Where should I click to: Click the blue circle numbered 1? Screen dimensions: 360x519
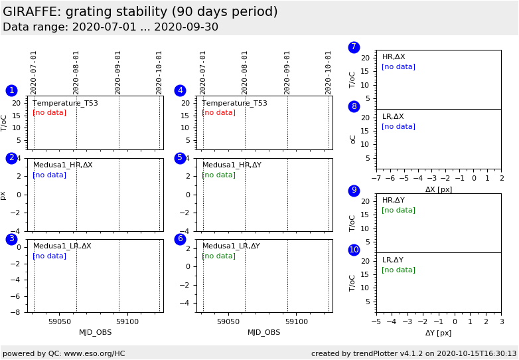[11, 90]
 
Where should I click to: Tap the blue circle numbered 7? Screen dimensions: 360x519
[354, 47]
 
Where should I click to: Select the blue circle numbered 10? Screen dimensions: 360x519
[354, 250]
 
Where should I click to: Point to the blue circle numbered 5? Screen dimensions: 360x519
[180, 158]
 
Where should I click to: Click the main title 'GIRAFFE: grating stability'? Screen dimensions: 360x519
[140, 12]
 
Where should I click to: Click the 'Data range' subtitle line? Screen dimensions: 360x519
[110, 27]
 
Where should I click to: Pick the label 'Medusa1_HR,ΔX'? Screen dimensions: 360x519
[63, 165]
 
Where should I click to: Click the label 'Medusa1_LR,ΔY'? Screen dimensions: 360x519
[231, 246]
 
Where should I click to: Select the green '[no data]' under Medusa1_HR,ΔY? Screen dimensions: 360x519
[218, 175]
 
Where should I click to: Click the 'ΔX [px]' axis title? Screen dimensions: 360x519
[439, 189]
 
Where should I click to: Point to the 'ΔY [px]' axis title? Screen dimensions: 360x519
[439, 333]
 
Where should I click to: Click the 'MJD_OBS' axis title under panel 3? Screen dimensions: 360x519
[96, 332]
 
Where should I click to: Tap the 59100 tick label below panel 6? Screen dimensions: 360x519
[297, 321]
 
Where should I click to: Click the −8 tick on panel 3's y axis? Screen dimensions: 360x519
[20, 312]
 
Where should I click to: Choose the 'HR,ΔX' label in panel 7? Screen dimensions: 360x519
[394, 57]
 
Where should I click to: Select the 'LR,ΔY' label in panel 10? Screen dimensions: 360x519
[392, 260]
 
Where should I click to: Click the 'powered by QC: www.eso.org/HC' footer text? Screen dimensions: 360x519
[64, 353]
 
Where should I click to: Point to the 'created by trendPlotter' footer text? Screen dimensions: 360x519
[413, 353]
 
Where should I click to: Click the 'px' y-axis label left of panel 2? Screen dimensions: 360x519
[3, 195]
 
